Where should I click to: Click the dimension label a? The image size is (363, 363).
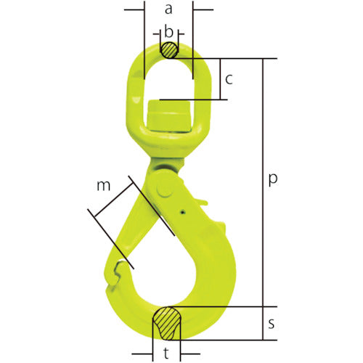(168, 9)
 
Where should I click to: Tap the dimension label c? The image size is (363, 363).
(228, 80)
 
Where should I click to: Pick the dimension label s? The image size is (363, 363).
(272, 324)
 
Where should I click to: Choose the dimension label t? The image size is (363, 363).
(168, 354)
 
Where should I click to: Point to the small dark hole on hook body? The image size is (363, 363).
(182, 213)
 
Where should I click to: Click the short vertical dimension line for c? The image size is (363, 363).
(218, 80)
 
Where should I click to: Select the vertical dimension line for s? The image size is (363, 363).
(263, 323)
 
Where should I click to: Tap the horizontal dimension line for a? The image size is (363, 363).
(168, 11)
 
